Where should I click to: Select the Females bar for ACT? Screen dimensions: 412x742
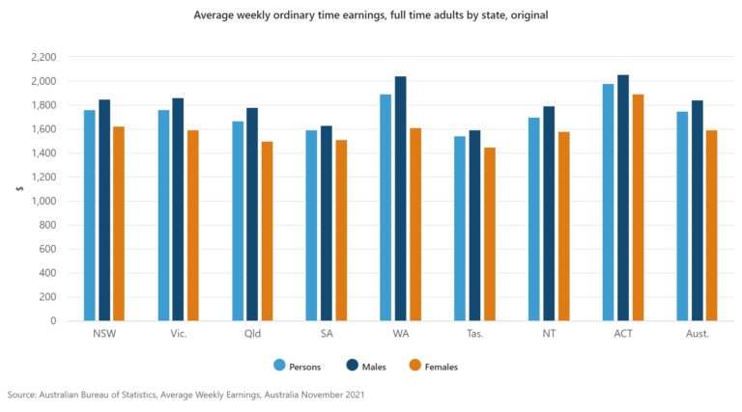pyautogui.click(x=638, y=207)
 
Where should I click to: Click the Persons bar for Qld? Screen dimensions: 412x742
pyautogui.click(x=238, y=221)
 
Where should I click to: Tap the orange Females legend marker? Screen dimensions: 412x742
pyautogui.click(x=415, y=366)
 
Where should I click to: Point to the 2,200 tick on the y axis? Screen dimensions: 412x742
pyautogui.click(x=43, y=57)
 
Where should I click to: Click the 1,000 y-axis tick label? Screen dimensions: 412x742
pyautogui.click(x=43, y=201)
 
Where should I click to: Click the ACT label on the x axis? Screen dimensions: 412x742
pyautogui.click(x=623, y=334)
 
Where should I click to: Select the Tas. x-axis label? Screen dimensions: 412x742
pyautogui.click(x=474, y=334)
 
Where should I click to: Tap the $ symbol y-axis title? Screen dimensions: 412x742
pyautogui.click(x=18, y=189)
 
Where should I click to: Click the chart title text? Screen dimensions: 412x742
pyautogui.click(x=370, y=15)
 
